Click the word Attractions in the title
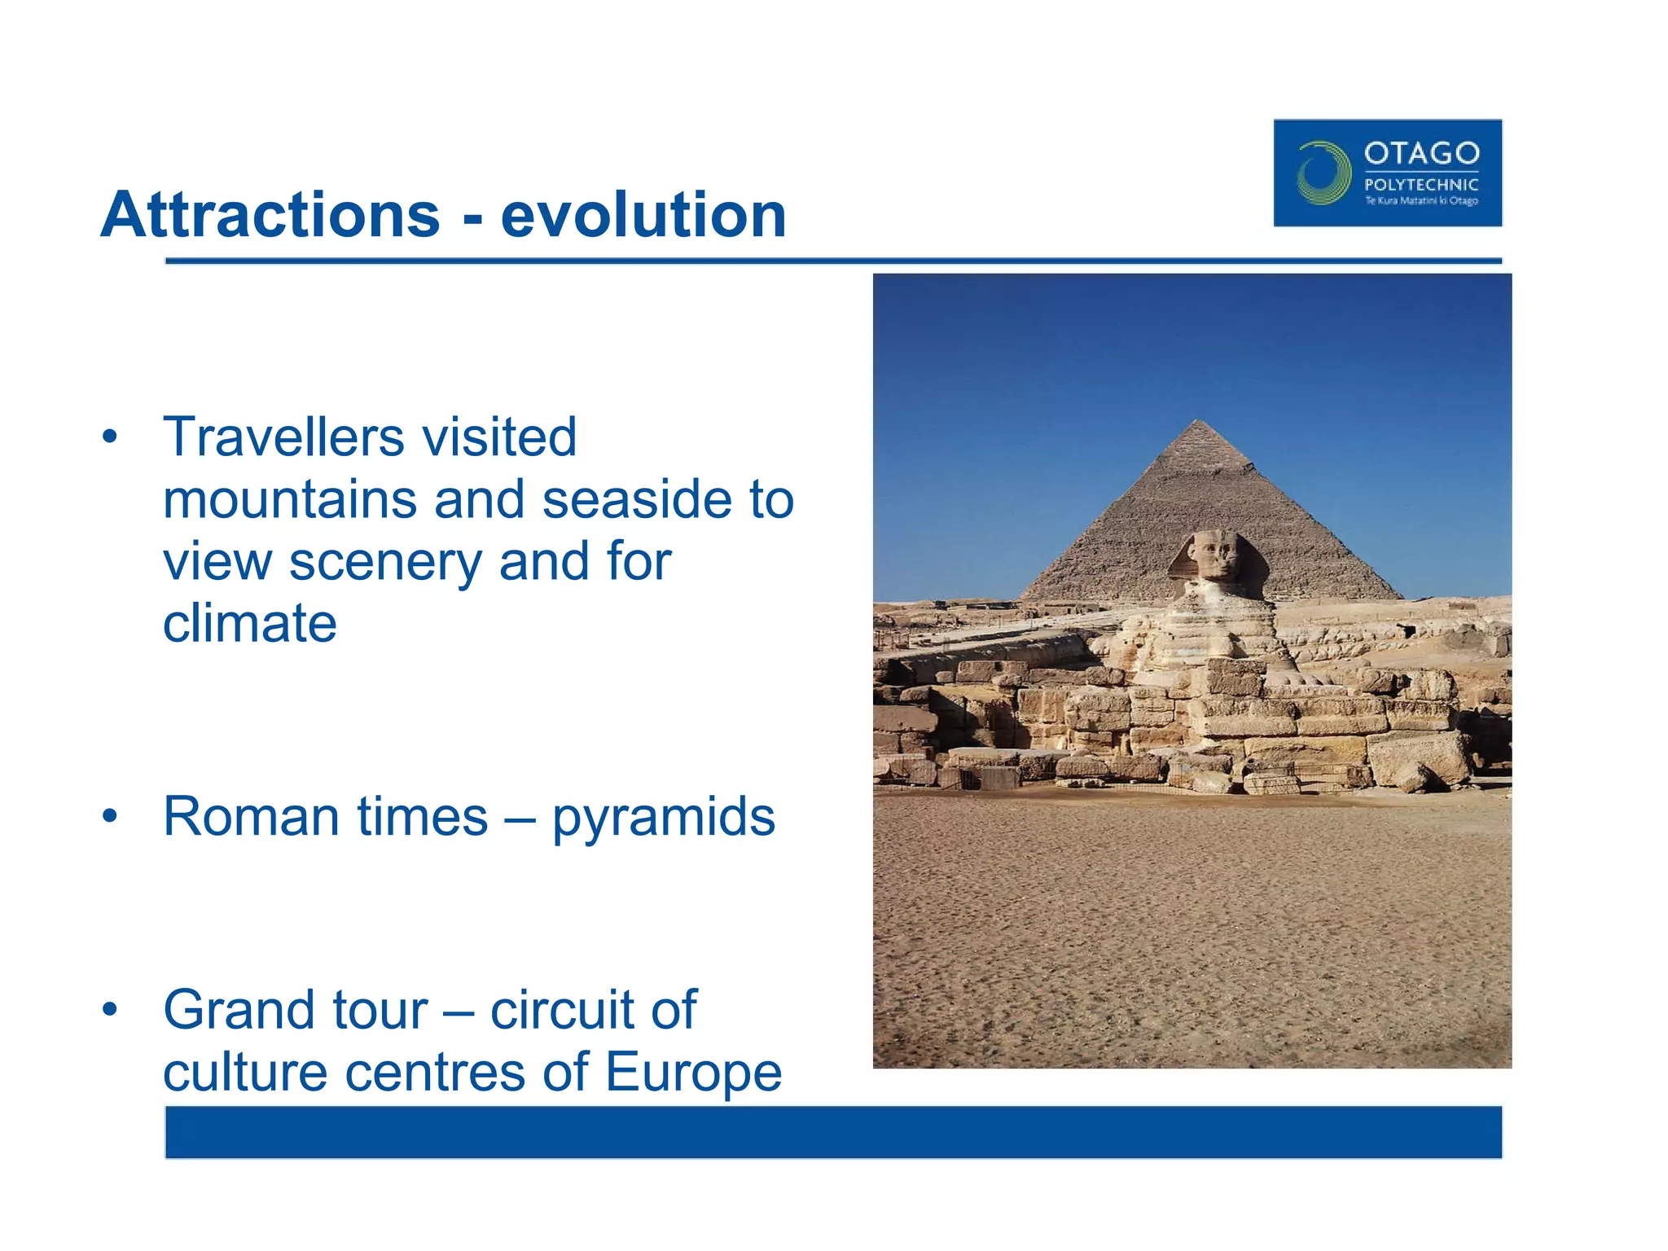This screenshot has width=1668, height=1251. [x=270, y=215]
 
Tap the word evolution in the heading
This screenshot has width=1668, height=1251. [x=643, y=215]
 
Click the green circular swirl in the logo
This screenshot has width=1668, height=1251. [x=1323, y=173]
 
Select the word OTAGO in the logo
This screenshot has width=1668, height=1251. [x=1421, y=153]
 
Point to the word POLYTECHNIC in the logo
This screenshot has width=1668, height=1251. [x=1421, y=185]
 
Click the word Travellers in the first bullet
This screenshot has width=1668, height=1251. [x=283, y=437]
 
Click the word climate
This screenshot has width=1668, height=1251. [x=249, y=624]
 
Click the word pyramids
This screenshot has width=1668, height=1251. [x=664, y=818]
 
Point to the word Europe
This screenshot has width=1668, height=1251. [x=693, y=1073]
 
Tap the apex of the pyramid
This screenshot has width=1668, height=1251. [x=1197, y=421]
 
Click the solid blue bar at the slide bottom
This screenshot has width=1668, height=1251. [x=833, y=1132]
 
